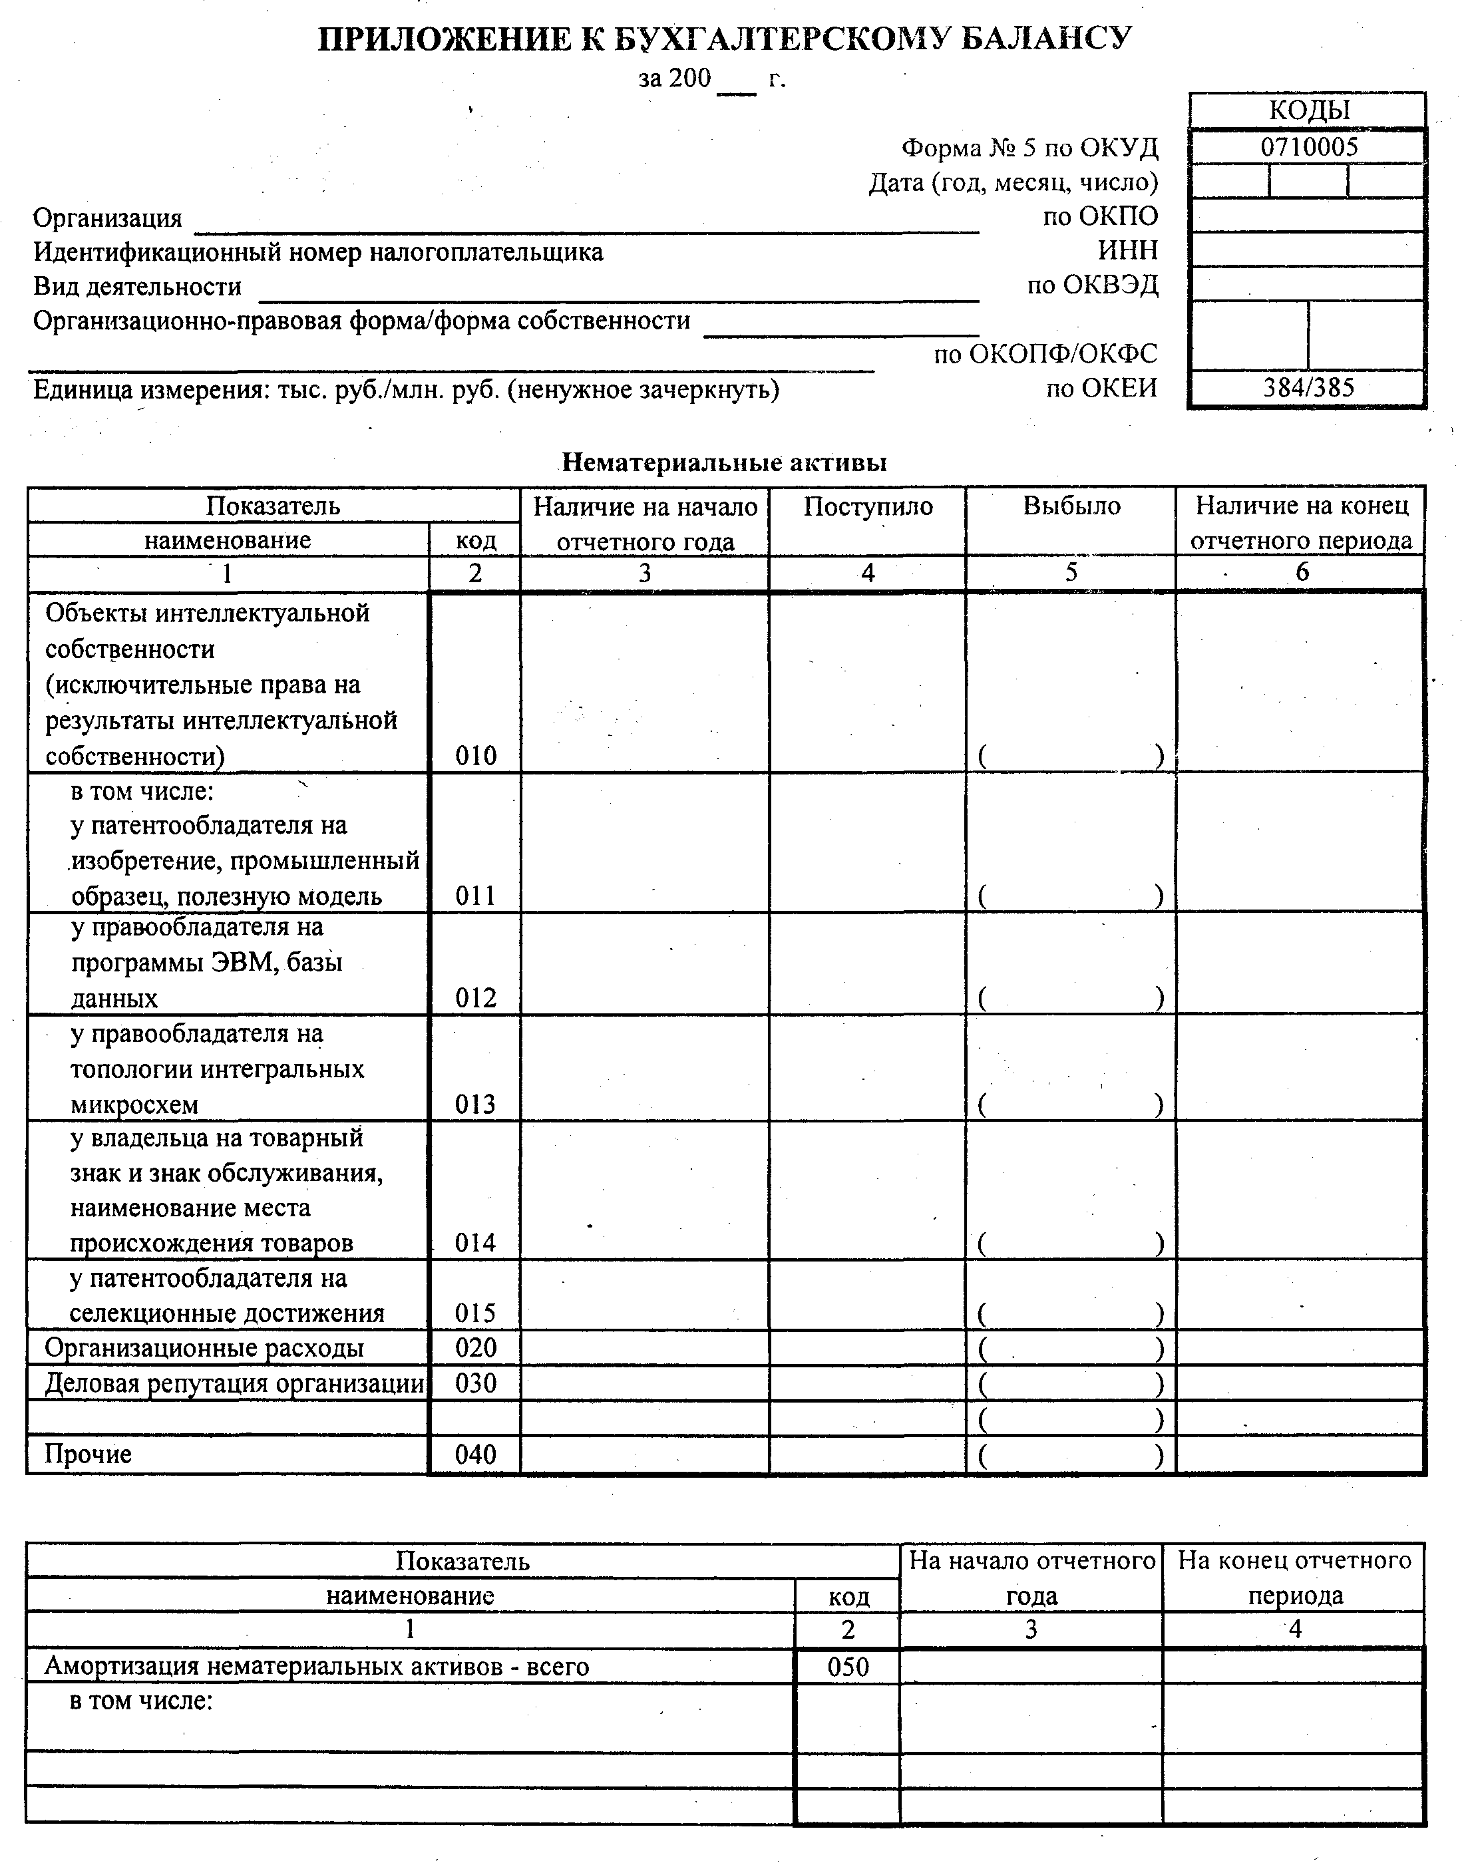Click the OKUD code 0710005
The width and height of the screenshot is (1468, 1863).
click(1309, 147)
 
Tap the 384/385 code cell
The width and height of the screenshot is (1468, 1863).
click(1308, 387)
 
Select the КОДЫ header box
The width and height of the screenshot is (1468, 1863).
click(1308, 110)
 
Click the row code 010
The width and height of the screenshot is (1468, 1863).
click(475, 757)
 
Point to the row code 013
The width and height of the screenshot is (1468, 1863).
click(475, 1104)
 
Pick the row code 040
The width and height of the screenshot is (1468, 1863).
click(475, 1455)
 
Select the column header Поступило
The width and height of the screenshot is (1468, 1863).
click(868, 506)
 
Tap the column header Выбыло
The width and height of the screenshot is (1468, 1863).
click(1071, 506)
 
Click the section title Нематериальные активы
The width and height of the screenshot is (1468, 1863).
click(725, 462)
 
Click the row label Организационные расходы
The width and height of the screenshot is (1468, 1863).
click(204, 1347)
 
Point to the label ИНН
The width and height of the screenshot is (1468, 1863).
click(1128, 250)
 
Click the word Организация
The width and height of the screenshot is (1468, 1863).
click(107, 218)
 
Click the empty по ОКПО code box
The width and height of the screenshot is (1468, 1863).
click(1308, 215)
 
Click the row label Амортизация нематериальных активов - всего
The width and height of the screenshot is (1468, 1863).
click(316, 1667)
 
